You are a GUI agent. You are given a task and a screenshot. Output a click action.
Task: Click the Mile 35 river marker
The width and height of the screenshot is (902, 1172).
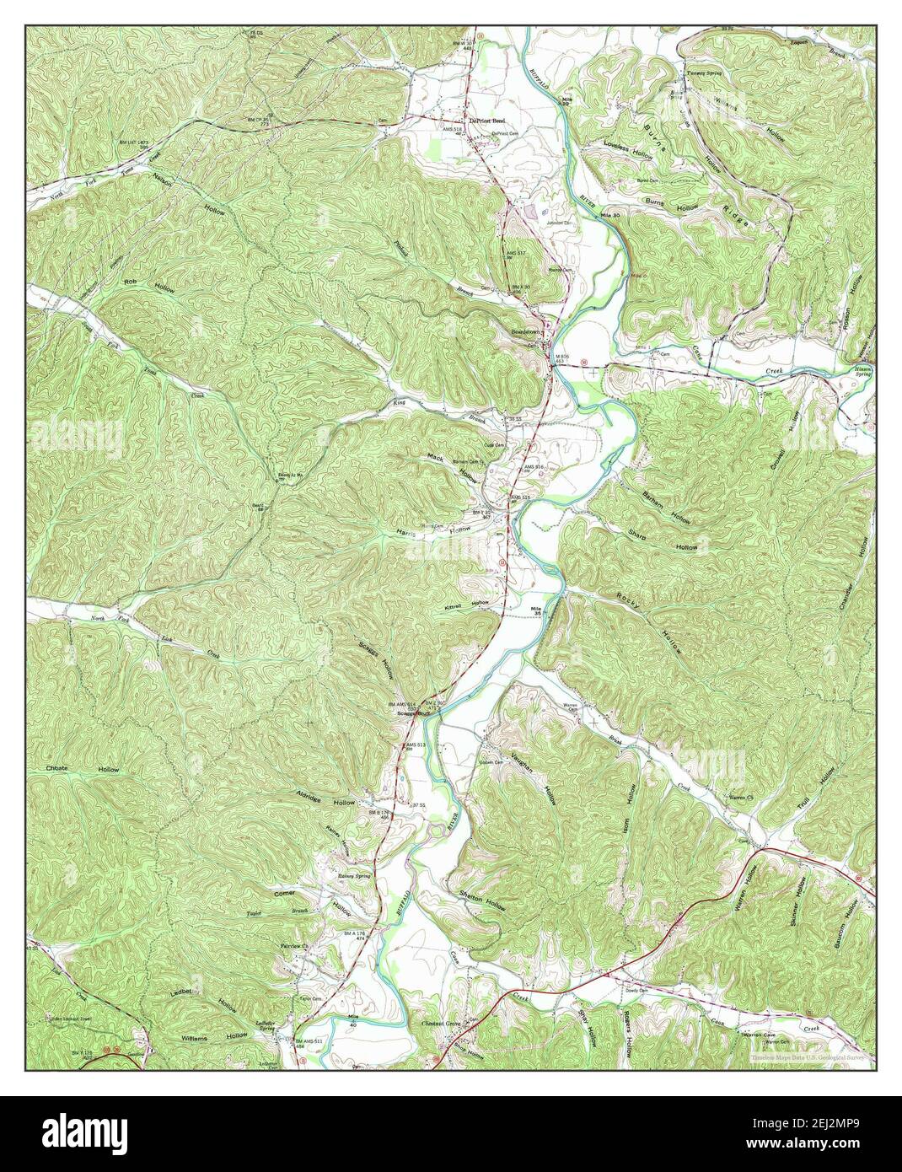(534, 611)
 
